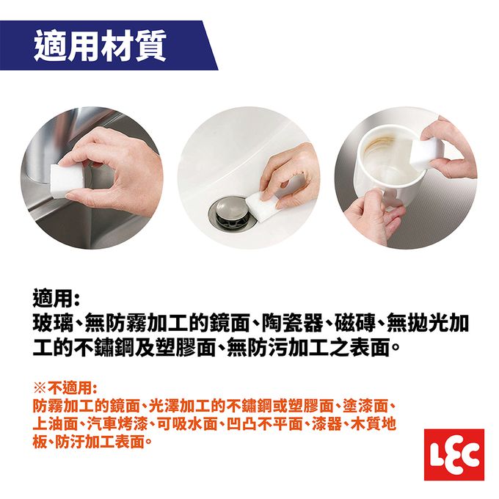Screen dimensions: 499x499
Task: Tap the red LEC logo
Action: point(454,454)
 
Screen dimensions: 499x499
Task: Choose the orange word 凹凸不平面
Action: point(266,424)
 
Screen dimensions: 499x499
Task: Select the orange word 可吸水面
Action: point(189,424)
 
